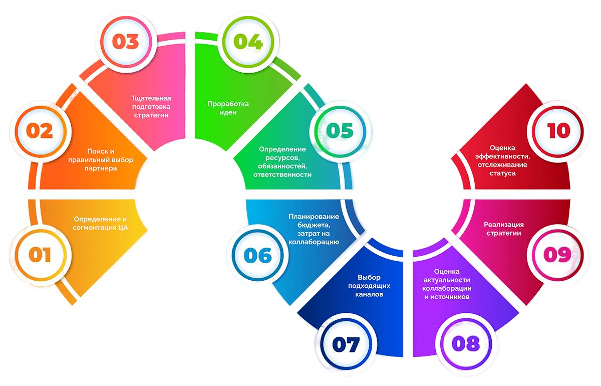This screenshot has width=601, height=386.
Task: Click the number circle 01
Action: pos(40,256)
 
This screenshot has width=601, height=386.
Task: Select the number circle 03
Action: pos(125,42)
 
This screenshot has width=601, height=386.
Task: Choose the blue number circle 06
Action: pos(258,256)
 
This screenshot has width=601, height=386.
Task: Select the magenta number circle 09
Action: pos(557,256)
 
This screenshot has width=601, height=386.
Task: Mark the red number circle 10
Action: pos(559,131)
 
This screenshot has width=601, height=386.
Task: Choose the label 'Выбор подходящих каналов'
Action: pos(369,286)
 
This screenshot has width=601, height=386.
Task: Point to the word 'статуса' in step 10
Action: pos(502,173)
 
